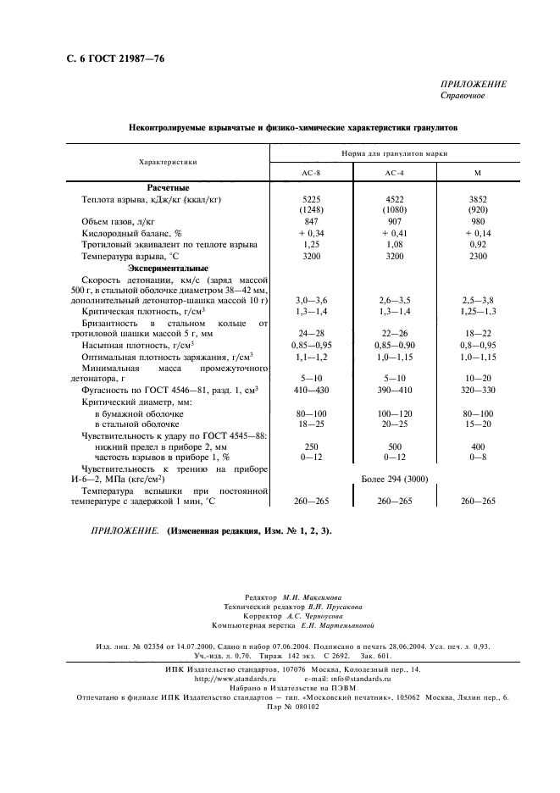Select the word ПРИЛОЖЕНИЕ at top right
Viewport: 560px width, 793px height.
tap(474, 84)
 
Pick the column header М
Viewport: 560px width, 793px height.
tap(478, 172)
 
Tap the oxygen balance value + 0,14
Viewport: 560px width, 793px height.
tap(478, 232)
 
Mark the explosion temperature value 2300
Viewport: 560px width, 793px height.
tap(478, 255)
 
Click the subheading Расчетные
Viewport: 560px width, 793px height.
tap(167, 187)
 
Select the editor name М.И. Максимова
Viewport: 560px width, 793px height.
tap(313, 597)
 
